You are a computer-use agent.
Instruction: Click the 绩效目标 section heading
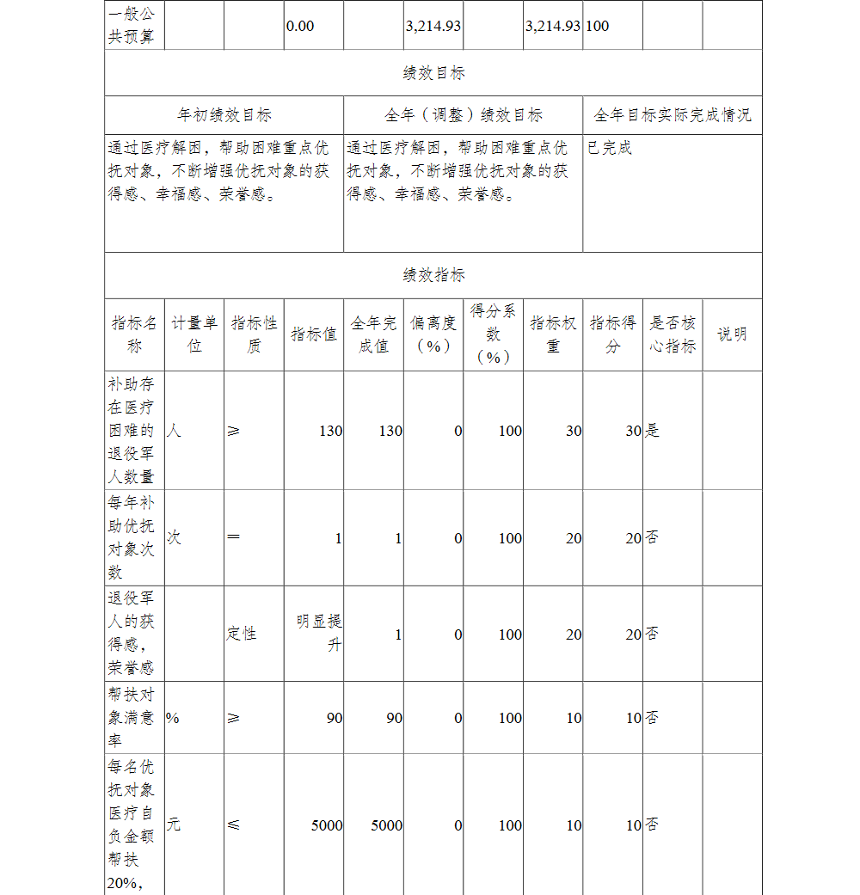[433, 73]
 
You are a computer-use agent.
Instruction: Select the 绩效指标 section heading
[433, 275]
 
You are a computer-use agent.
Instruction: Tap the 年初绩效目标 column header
[224, 115]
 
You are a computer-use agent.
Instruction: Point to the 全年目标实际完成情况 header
[673, 115]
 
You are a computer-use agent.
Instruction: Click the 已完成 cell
[610, 148]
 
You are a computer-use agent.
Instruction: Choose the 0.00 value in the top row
[300, 26]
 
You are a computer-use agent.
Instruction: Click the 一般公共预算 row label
[132, 26]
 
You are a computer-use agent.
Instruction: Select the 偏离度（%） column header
[433, 334]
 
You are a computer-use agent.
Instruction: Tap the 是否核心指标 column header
[673, 334]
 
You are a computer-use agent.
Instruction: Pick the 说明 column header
[732, 334]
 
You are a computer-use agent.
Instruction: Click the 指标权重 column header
[553, 334]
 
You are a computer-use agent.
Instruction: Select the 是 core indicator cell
[653, 431]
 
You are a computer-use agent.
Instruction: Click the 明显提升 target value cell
[319, 633]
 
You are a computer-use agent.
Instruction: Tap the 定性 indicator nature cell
[242, 634]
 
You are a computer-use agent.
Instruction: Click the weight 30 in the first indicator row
[574, 431]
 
